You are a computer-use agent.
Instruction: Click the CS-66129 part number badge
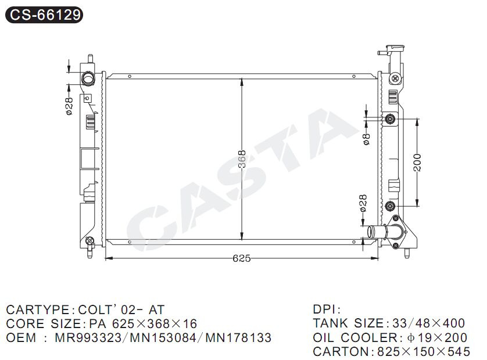[44, 15]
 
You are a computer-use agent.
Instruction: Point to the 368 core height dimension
[242, 159]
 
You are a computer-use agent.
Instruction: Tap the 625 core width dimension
[242, 258]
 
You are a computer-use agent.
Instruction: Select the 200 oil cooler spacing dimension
[417, 163]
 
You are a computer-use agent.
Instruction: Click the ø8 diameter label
[367, 139]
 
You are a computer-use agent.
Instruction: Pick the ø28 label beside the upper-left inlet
[69, 106]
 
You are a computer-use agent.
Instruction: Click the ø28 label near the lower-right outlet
[363, 203]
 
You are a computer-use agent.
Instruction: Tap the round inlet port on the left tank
[88, 78]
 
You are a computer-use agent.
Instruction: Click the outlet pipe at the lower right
[378, 232]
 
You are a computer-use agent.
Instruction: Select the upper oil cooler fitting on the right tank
[390, 119]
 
